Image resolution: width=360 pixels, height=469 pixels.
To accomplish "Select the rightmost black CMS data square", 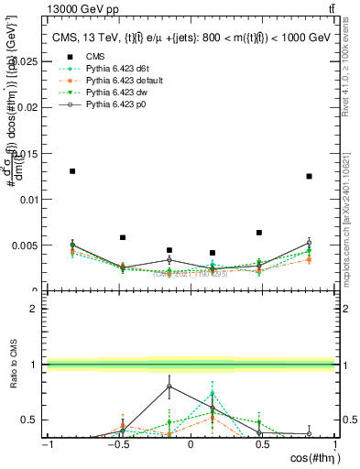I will tap(310, 176).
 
